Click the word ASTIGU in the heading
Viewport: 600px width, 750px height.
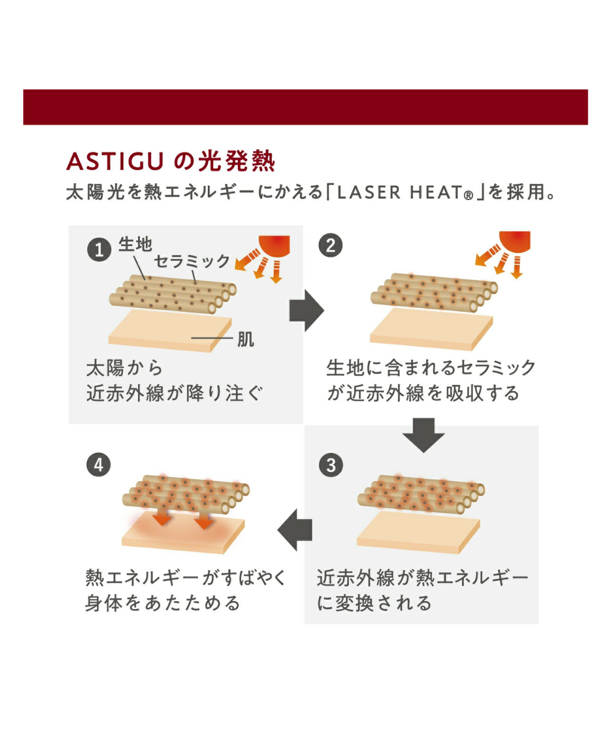(x=114, y=161)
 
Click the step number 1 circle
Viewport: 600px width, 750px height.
(x=99, y=249)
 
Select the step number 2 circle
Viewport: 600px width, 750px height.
(x=331, y=245)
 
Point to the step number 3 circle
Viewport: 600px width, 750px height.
(x=331, y=465)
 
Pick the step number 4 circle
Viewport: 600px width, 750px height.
(x=99, y=464)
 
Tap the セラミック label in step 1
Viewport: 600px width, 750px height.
(x=192, y=261)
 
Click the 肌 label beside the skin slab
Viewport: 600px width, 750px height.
(x=246, y=339)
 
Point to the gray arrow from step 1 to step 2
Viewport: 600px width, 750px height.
(x=307, y=310)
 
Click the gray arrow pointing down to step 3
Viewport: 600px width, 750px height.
(x=423, y=435)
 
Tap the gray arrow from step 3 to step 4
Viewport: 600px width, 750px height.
(x=294, y=530)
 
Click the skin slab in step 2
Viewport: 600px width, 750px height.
(x=431, y=329)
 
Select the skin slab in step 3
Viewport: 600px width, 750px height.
(x=418, y=532)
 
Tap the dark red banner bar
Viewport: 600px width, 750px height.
(x=306, y=107)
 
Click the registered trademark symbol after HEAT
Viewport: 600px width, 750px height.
(x=468, y=196)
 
